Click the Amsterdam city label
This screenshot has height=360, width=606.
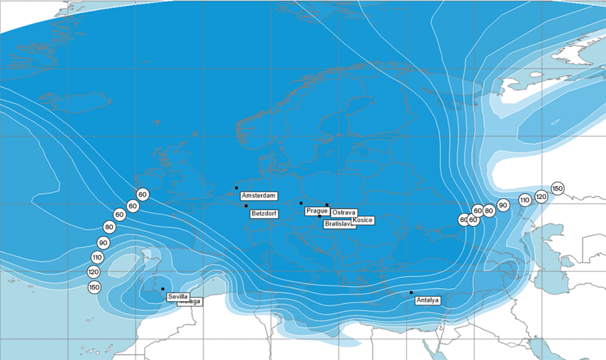coord(258,196)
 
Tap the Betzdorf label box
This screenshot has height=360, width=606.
coord(264,214)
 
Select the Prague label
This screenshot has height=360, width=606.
coord(317,210)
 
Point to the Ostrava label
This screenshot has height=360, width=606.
coord(343,213)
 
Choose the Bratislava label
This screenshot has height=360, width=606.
coord(339,225)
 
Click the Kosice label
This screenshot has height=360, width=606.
coord(363,220)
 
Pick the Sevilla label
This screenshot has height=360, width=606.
coord(178,297)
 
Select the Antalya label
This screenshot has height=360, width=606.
coord(428,300)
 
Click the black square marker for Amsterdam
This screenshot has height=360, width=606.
coord(236,188)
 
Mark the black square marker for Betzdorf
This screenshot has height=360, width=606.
coord(246,206)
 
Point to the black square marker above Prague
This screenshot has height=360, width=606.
coord(301,203)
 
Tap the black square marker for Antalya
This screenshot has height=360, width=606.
coord(411,292)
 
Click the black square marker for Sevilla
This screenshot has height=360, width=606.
coord(163,289)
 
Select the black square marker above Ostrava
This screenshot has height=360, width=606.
coord(327,205)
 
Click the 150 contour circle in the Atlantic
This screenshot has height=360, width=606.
coord(95,287)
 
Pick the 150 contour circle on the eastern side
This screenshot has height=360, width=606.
coord(558,189)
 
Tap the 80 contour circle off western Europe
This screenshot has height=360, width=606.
coord(109,227)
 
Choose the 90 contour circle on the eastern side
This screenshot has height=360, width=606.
coord(503,206)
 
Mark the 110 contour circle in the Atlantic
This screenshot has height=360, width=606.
coord(97,258)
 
